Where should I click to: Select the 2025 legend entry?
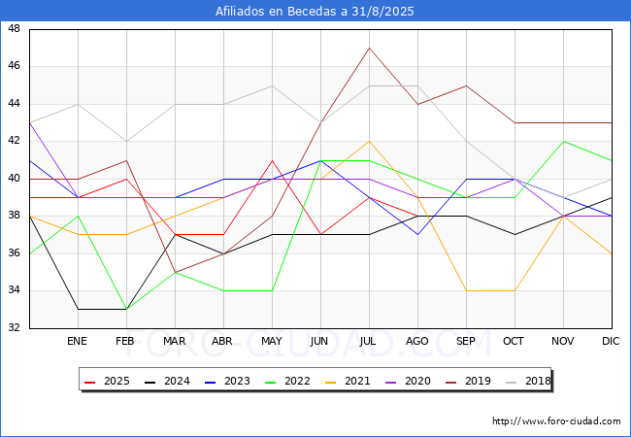point(107,381)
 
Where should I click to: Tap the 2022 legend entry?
point(287,381)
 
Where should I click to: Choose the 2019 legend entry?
point(469,381)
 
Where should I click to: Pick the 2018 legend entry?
point(528,381)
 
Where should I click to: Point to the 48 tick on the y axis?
point(15,28)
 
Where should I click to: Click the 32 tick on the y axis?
point(15,327)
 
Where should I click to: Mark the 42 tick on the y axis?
point(15,141)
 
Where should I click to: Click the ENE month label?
point(78,341)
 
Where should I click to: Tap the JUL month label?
point(368,341)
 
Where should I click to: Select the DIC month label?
point(611,341)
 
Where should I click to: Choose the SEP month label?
point(466,341)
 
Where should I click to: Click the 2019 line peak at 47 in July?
point(370,48)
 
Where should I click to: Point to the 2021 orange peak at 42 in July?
point(370,141)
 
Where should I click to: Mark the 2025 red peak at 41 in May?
point(273,160)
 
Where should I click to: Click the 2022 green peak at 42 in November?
point(563,141)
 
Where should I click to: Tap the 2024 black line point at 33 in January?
point(78,309)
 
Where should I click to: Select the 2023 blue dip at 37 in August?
point(418,235)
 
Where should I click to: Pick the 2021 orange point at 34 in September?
point(466,290)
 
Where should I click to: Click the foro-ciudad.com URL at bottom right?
point(556,421)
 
